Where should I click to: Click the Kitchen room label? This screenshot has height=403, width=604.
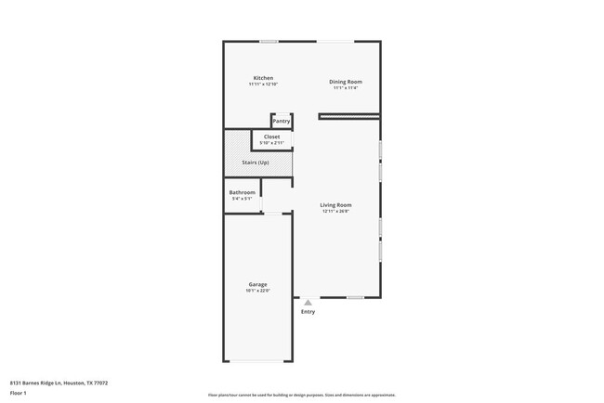point(263,77)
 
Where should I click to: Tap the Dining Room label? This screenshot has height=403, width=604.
point(346,82)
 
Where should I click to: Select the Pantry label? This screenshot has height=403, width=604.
point(281,121)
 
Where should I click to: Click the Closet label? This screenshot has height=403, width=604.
point(271,136)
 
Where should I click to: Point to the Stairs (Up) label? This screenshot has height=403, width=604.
point(257,162)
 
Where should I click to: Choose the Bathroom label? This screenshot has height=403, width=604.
point(242,192)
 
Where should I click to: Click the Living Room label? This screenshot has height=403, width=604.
point(335,204)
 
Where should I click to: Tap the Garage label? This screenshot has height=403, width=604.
point(257,284)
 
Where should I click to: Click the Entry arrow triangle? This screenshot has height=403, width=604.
point(308,302)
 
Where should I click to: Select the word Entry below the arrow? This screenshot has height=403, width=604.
point(308,312)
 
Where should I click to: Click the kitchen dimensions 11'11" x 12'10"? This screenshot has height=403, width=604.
point(263,84)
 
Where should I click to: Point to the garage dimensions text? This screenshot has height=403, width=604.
point(257,291)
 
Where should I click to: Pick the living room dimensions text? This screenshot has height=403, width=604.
point(335,211)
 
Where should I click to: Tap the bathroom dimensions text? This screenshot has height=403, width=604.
point(242,199)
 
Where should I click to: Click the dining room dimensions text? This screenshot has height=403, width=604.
point(346,88)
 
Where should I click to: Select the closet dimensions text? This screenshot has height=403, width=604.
point(271,143)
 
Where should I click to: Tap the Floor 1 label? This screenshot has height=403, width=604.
point(20,393)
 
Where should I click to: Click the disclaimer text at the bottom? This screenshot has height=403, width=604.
point(301,395)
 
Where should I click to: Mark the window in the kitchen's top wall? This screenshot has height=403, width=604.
point(269,41)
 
